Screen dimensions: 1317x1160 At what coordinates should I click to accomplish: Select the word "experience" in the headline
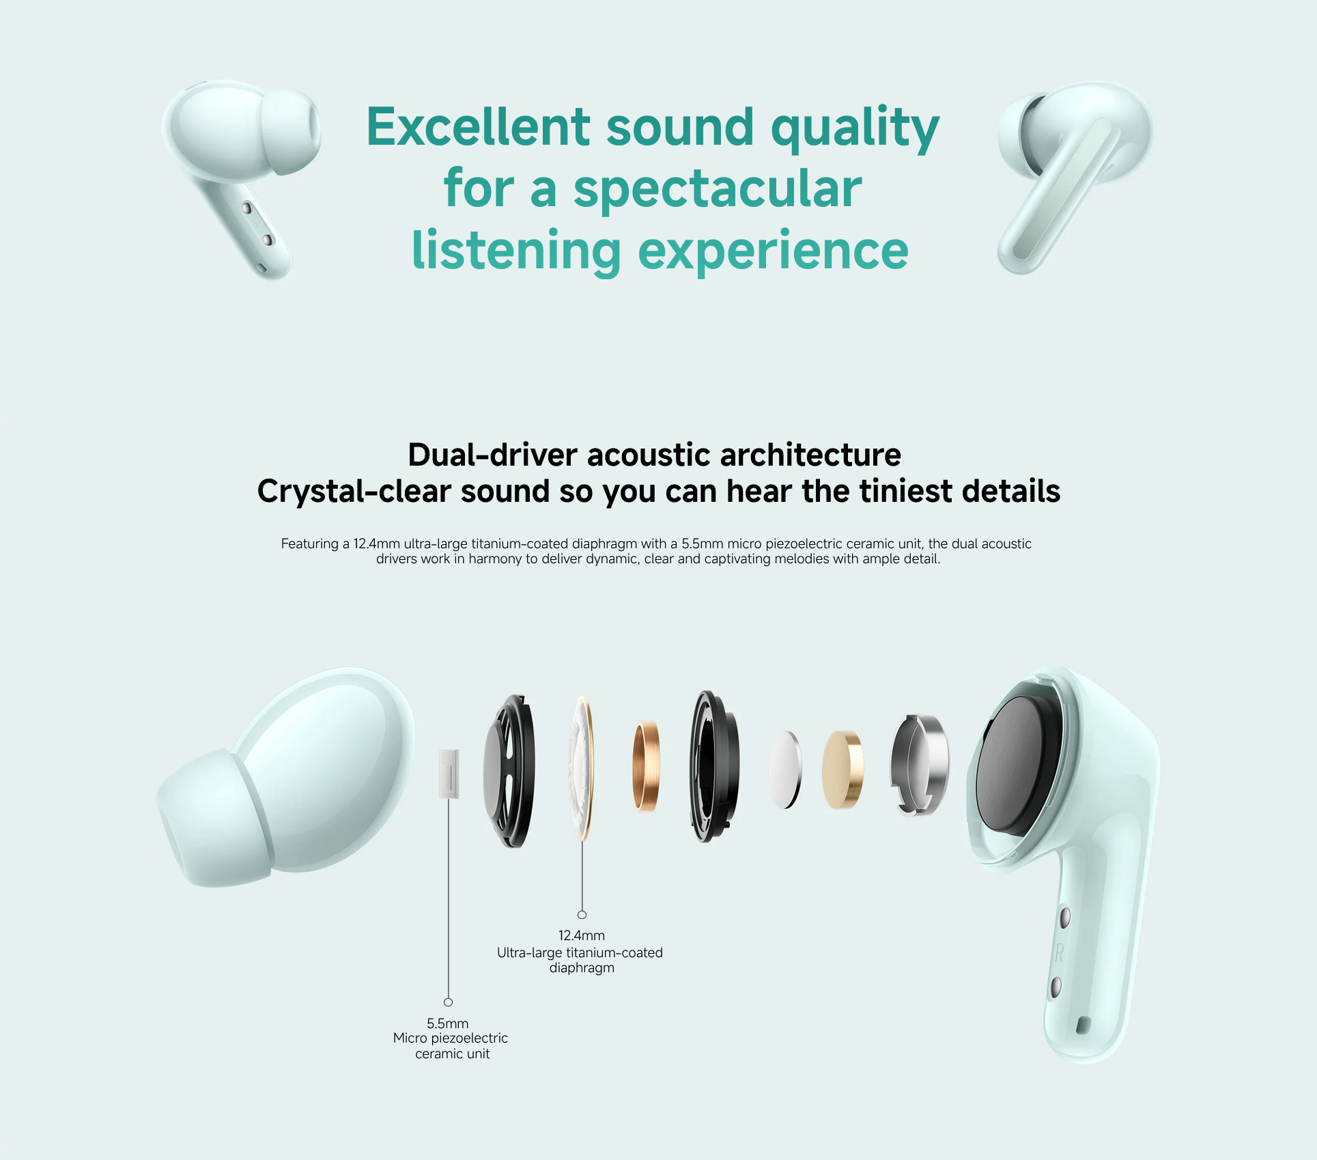773,251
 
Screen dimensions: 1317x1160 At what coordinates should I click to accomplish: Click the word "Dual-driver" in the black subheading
493,455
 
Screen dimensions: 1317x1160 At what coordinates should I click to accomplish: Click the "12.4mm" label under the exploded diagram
582,935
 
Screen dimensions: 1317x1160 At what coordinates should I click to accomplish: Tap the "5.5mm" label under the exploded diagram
448,1023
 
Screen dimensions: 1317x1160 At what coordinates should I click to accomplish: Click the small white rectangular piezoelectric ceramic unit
449,774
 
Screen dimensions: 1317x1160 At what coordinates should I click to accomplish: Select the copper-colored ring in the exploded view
645,767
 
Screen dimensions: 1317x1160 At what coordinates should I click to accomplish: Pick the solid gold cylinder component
842,769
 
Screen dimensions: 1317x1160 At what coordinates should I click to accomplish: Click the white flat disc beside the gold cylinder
785,770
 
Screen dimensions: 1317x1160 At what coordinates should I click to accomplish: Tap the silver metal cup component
919,765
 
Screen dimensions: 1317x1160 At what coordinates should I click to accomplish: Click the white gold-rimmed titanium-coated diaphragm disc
581,769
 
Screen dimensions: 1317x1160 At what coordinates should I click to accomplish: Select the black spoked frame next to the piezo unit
509,771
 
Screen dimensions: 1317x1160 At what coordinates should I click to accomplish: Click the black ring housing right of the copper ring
713,767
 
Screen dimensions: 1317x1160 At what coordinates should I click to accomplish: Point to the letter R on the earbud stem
1059,953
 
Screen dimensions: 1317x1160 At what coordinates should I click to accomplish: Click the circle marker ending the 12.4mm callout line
582,915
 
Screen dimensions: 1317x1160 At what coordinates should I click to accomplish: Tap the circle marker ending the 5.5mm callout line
448,1002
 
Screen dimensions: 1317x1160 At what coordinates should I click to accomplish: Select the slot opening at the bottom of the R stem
1083,1025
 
